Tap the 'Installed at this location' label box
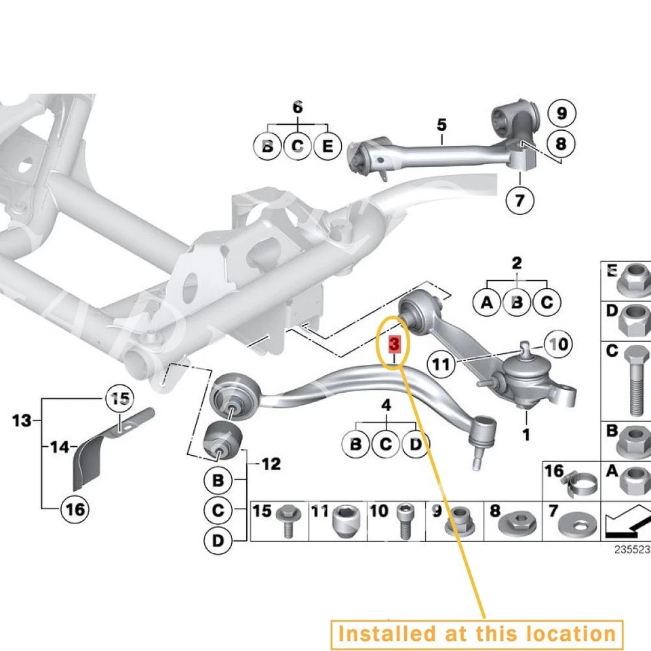pos(477,633)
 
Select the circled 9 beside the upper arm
pos(561,113)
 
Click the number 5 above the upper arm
pos(442,125)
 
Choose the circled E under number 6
pos(327,146)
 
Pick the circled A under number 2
pos(486,302)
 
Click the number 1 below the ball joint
pos(526,434)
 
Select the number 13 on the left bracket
pos(22,421)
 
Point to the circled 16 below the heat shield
pos(76,508)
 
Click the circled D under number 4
pos(415,445)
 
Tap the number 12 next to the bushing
pos(270,465)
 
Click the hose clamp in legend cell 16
pos(580,483)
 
